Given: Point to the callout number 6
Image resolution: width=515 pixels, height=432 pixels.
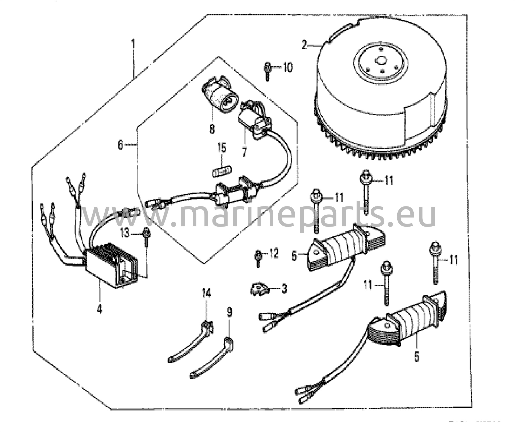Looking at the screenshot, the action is (121, 145).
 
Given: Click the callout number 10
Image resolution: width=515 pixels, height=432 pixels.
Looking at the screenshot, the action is (288, 67).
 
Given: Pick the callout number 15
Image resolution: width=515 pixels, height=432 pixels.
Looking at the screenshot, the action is (222, 148).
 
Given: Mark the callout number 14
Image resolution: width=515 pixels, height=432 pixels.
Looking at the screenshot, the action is (206, 293).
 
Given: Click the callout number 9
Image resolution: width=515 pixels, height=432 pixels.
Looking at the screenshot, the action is (229, 312).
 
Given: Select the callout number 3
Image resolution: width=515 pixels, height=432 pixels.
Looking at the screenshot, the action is (284, 289).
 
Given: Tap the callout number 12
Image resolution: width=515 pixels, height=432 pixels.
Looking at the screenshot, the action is (274, 254).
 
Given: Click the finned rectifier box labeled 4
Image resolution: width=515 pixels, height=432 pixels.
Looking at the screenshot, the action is (112, 264).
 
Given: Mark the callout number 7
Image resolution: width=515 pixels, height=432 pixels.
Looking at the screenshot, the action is (244, 152).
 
